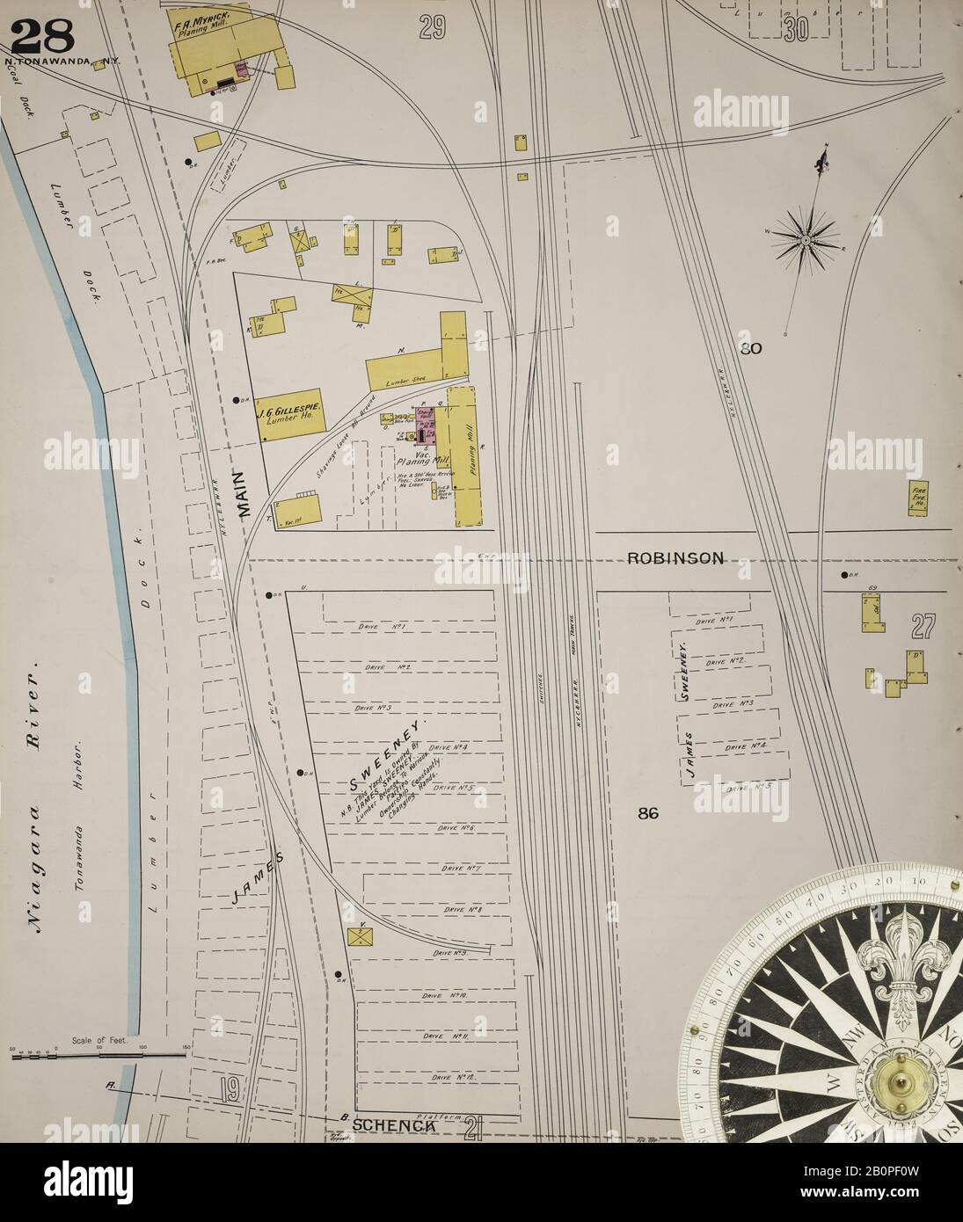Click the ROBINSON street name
click(675, 557)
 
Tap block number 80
click(750, 348)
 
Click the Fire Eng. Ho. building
click(920, 498)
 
